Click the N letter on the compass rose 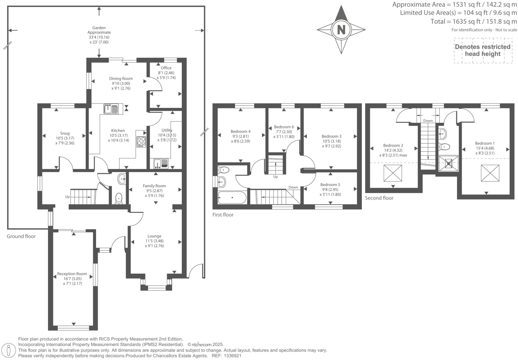[341, 30]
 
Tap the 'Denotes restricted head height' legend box [483, 50]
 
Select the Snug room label [65, 133]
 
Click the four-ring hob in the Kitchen [141, 142]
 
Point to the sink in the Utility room [161, 164]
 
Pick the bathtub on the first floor [232, 198]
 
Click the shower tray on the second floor [449, 163]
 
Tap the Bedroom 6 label [284, 127]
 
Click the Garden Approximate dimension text [99, 35]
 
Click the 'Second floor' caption [379, 198]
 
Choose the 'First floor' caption [223, 215]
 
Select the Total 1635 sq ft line [474, 22]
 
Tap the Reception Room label [72, 274]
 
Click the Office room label [166, 68]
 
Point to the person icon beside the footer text [9, 350]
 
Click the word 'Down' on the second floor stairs [428, 121]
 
